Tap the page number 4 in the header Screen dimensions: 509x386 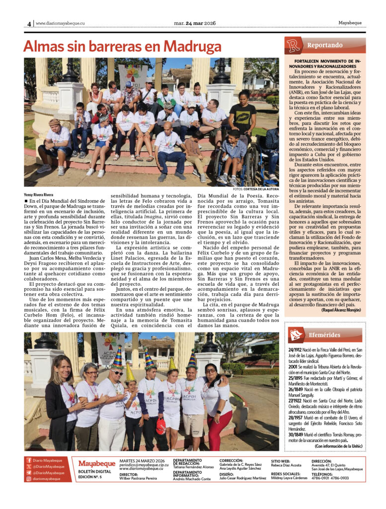[x=29, y=23]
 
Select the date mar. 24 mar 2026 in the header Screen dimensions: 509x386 [x=195, y=23]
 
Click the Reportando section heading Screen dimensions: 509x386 [x=324, y=45]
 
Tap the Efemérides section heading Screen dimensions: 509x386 [x=324, y=335]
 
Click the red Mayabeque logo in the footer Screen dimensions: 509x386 [x=96, y=463]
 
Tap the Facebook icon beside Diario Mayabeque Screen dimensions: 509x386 [x=29, y=460]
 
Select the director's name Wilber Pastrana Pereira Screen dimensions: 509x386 [x=138, y=478]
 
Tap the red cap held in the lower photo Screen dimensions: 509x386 [x=160, y=425]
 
